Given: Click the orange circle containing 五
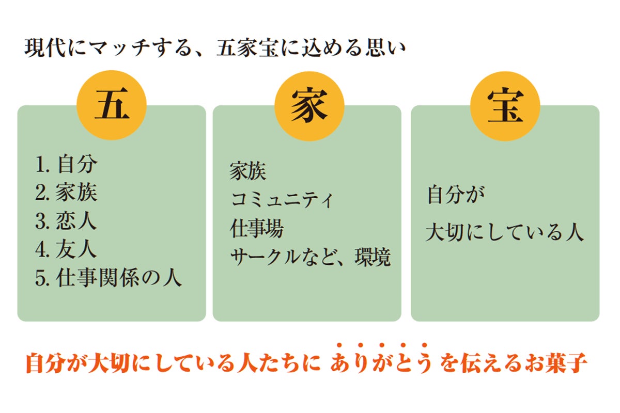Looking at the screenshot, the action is coord(112,105).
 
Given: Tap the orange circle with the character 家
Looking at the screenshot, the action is coord(309,106).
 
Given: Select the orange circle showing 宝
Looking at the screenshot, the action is coord(505,106).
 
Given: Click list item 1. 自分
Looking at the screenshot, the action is coord(67,164).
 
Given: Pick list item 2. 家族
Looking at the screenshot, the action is coord(67,192).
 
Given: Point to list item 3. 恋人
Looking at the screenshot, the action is coord(67,220).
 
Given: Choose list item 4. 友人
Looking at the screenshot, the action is coord(67,249).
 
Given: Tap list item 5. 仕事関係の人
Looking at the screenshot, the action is coord(109,277).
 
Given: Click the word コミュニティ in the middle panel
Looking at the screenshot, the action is coord(282,200).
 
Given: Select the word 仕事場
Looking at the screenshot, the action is coord(257,228).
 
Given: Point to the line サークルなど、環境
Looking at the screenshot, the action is coord(311,257).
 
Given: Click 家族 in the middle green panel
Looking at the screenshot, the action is coord(248,171).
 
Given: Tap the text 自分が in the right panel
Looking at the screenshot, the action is coord(456,195).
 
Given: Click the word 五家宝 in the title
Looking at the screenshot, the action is coord(247,48).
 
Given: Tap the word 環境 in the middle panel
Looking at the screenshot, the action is coord(373,257).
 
